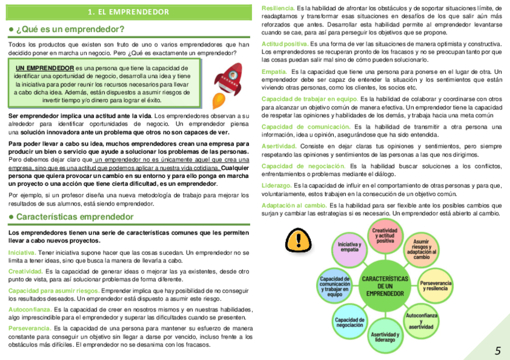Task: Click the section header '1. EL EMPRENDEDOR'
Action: click(128, 11)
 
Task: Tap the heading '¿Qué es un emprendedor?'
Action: click(71, 29)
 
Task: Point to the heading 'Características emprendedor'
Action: click(75, 216)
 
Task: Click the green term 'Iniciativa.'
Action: click(22, 252)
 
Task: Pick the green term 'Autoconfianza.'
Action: click(29, 310)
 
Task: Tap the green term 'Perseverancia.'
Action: click(29, 329)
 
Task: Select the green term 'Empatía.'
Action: click(274, 72)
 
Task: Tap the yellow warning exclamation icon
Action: click(296, 240)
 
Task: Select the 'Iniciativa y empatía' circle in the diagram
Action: click(349, 247)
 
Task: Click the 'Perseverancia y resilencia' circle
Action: click(435, 285)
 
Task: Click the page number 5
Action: click(497, 350)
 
